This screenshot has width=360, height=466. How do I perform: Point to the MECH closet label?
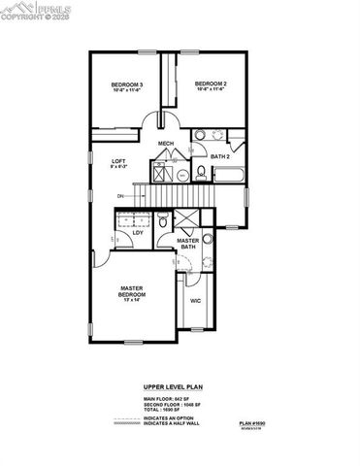[x=166, y=145]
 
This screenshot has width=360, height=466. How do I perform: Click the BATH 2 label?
[x=220, y=155]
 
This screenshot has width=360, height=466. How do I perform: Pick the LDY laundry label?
[x=137, y=232]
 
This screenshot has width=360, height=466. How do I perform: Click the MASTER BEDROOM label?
[x=132, y=291]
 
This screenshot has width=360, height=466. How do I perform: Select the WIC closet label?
[x=194, y=302]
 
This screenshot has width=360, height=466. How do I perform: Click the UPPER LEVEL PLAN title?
[x=180, y=384]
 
